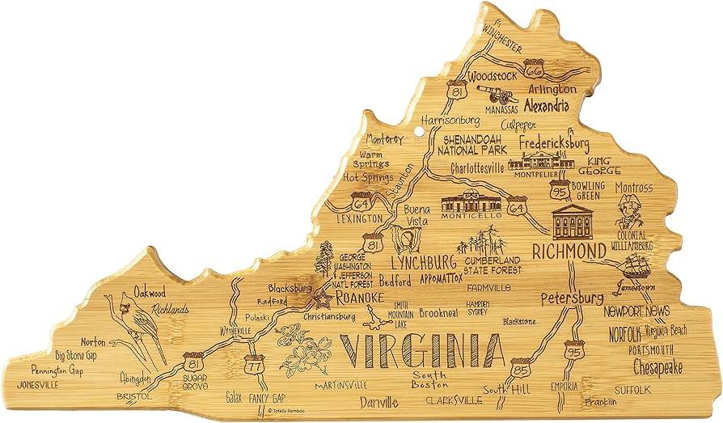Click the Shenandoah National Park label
pyautogui.click(x=472, y=143)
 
